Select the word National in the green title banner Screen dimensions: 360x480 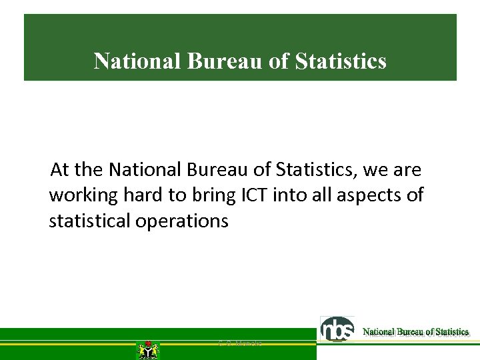click(138, 61)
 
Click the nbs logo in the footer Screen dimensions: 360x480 click(338, 329)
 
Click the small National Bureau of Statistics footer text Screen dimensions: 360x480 click(415, 331)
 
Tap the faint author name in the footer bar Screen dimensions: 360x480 click(240, 343)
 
